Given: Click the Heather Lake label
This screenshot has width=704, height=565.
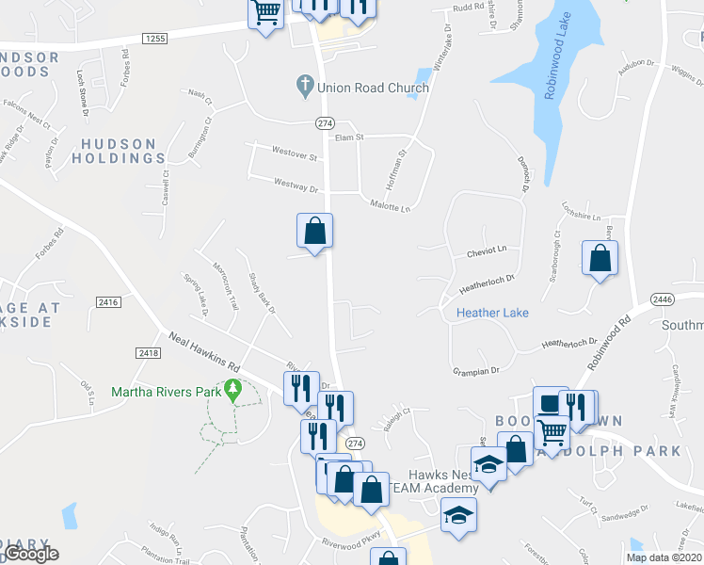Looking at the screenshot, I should (x=492, y=313).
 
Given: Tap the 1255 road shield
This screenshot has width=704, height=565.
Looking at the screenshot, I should (x=156, y=38).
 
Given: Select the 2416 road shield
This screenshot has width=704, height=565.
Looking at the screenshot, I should (x=108, y=301).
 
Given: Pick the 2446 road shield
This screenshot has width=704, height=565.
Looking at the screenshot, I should (x=663, y=299).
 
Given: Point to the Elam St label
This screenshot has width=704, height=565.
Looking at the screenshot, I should (x=349, y=137).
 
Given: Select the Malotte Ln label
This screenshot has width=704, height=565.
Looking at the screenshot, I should (x=391, y=206).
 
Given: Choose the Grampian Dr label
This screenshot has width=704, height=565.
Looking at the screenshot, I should (x=475, y=371).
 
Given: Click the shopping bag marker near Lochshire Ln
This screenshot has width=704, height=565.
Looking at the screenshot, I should (x=600, y=257).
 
